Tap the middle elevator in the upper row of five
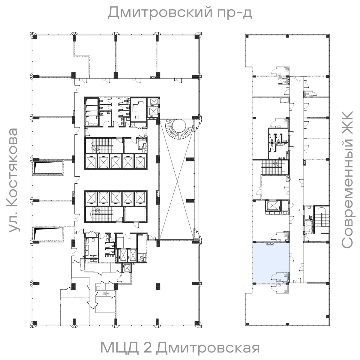(x=116, y=162)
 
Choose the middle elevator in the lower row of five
(x=116, y=198)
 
